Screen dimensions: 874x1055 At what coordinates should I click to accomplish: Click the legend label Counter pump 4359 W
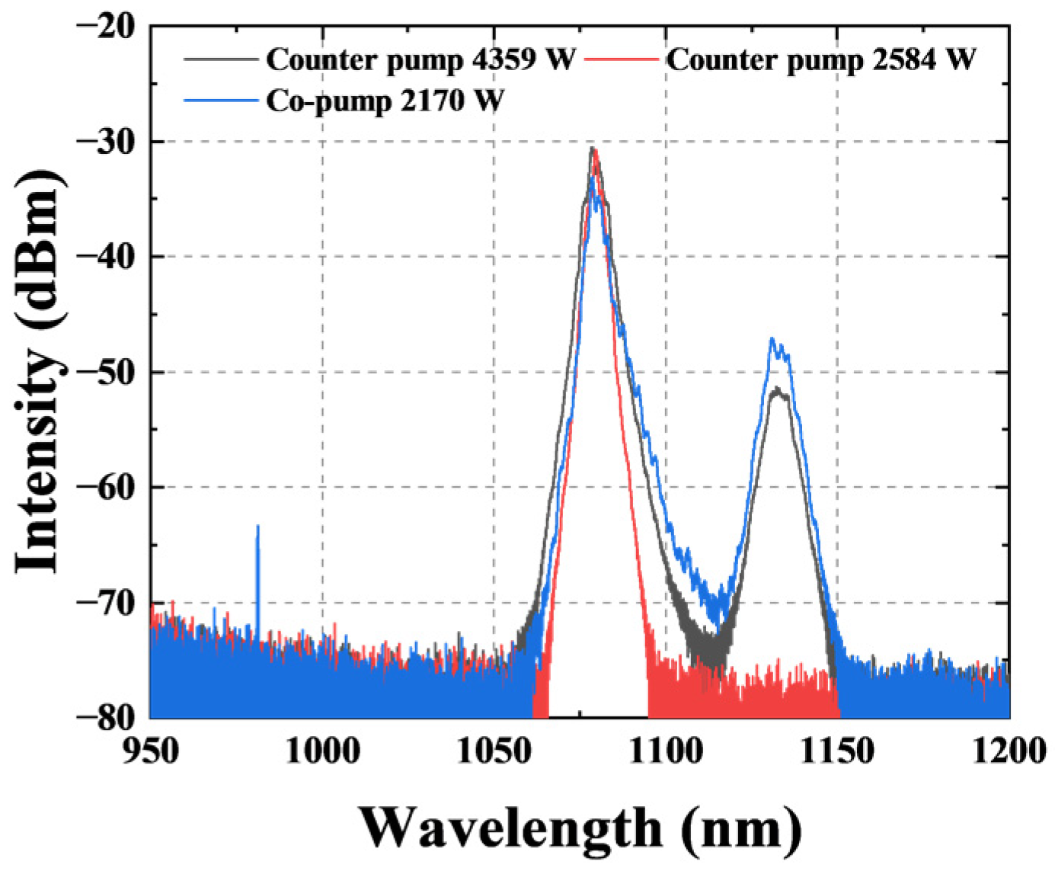[x=420, y=59]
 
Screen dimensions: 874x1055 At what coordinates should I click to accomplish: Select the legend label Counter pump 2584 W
[x=821, y=59]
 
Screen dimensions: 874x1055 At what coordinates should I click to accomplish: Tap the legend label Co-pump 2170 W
[x=385, y=101]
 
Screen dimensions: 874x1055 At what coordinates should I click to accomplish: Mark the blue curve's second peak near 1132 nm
[x=772, y=340]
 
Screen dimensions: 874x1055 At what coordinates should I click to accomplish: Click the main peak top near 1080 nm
[x=593, y=149]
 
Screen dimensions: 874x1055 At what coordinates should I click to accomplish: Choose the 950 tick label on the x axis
[x=150, y=751]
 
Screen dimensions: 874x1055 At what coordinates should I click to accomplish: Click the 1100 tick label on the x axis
[x=666, y=751]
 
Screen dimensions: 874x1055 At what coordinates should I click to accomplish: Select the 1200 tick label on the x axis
[x=1009, y=751]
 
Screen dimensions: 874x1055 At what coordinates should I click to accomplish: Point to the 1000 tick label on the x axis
[x=322, y=751]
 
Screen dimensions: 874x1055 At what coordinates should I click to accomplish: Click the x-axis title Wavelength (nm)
[x=580, y=828]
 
